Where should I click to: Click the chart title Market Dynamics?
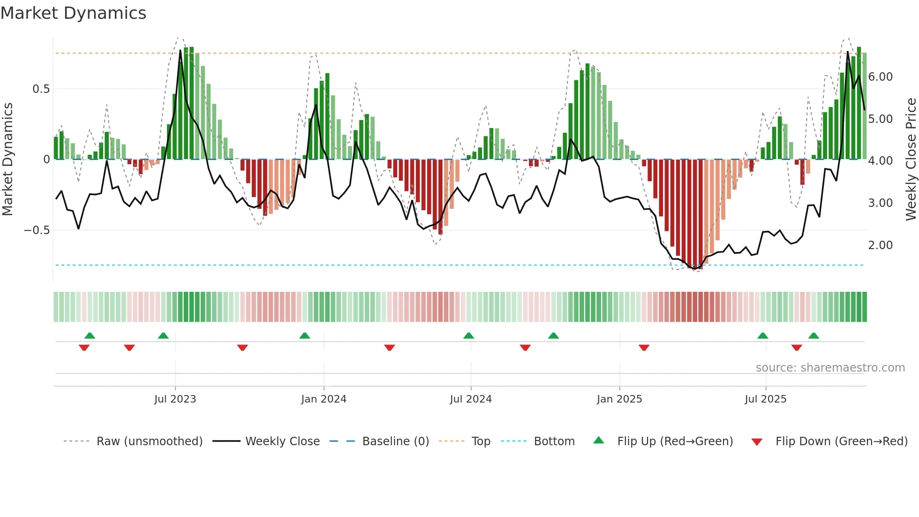[73, 13]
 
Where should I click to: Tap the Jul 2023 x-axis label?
[175, 399]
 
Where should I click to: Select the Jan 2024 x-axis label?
[324, 399]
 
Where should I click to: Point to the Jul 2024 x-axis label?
[471, 399]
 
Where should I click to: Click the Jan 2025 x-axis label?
[619, 399]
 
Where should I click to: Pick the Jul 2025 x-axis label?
[766, 399]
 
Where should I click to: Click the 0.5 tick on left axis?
[41, 89]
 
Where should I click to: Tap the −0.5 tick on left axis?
[37, 230]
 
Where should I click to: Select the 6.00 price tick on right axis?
[881, 77]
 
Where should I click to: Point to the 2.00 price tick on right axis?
[881, 245]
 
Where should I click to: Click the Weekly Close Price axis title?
[911, 160]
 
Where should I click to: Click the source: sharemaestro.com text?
[830, 368]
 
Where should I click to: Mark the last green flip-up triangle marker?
[814, 335]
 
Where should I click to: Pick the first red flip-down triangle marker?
[84, 348]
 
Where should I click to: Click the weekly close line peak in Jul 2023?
[181, 51]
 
